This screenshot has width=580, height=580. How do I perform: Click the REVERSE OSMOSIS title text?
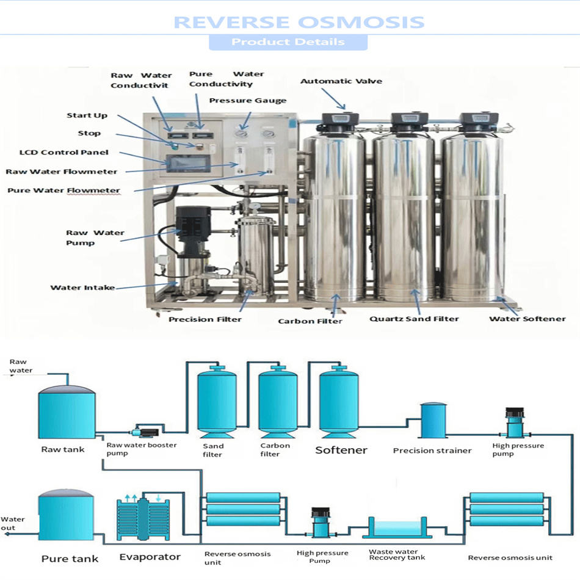tap(299, 22)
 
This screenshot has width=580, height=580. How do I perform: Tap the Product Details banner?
tap(288, 42)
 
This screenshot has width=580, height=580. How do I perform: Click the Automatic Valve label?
tap(341, 81)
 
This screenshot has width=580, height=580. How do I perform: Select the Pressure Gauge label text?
tap(247, 100)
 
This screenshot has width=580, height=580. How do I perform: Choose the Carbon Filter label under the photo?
tap(310, 321)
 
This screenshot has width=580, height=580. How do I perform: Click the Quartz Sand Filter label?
tap(414, 319)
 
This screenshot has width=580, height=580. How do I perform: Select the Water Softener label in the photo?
tap(527, 319)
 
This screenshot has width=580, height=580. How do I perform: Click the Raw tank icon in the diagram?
tap(67, 412)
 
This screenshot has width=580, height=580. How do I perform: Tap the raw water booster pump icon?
tap(146, 430)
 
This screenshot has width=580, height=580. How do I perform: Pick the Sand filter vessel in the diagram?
tap(217, 400)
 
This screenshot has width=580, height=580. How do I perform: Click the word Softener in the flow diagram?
tap(341, 451)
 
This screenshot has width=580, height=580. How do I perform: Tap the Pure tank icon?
tap(66, 519)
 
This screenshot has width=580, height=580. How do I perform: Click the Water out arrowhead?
tap(5, 533)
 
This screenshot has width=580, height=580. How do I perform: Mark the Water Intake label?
tap(82, 288)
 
